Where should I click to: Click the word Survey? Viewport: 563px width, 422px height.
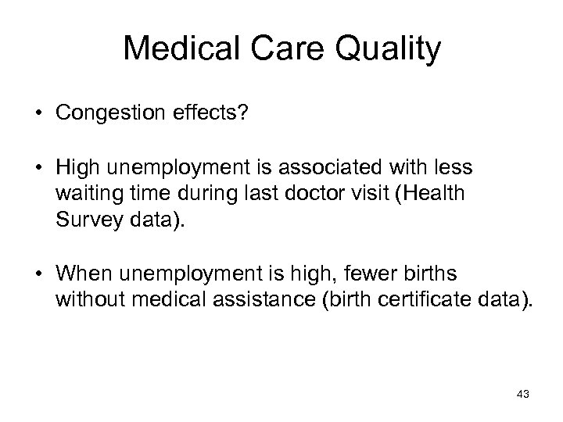click(x=86, y=219)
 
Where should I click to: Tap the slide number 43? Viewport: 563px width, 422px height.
click(x=522, y=394)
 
